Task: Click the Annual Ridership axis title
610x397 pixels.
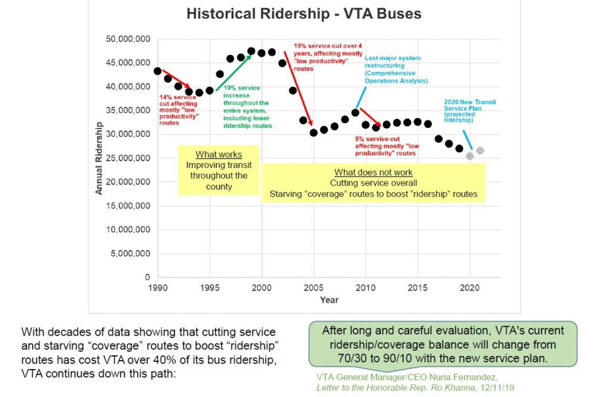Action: (99, 158)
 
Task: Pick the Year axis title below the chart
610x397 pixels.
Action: (329, 299)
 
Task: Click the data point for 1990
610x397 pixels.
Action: (157, 71)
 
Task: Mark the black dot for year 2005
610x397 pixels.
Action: (313, 133)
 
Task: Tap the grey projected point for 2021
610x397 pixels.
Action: (480, 151)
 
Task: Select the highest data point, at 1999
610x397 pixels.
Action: (251, 51)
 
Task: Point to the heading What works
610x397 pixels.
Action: (219, 155)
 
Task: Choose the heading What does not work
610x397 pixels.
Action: (374, 173)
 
